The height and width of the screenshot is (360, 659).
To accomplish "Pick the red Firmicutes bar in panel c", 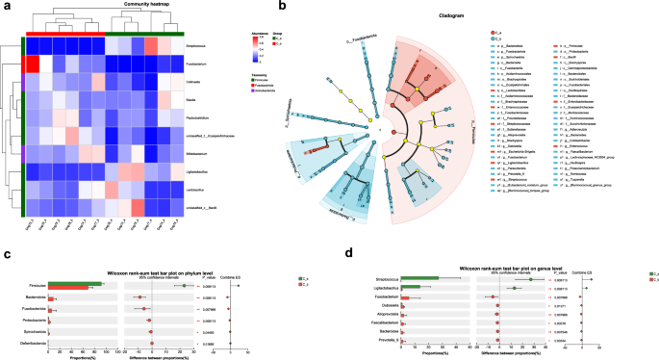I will click(x=73, y=287).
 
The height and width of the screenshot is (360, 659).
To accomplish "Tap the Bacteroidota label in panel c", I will click(x=36, y=297).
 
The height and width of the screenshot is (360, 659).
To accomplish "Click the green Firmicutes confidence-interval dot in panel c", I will click(x=184, y=285).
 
